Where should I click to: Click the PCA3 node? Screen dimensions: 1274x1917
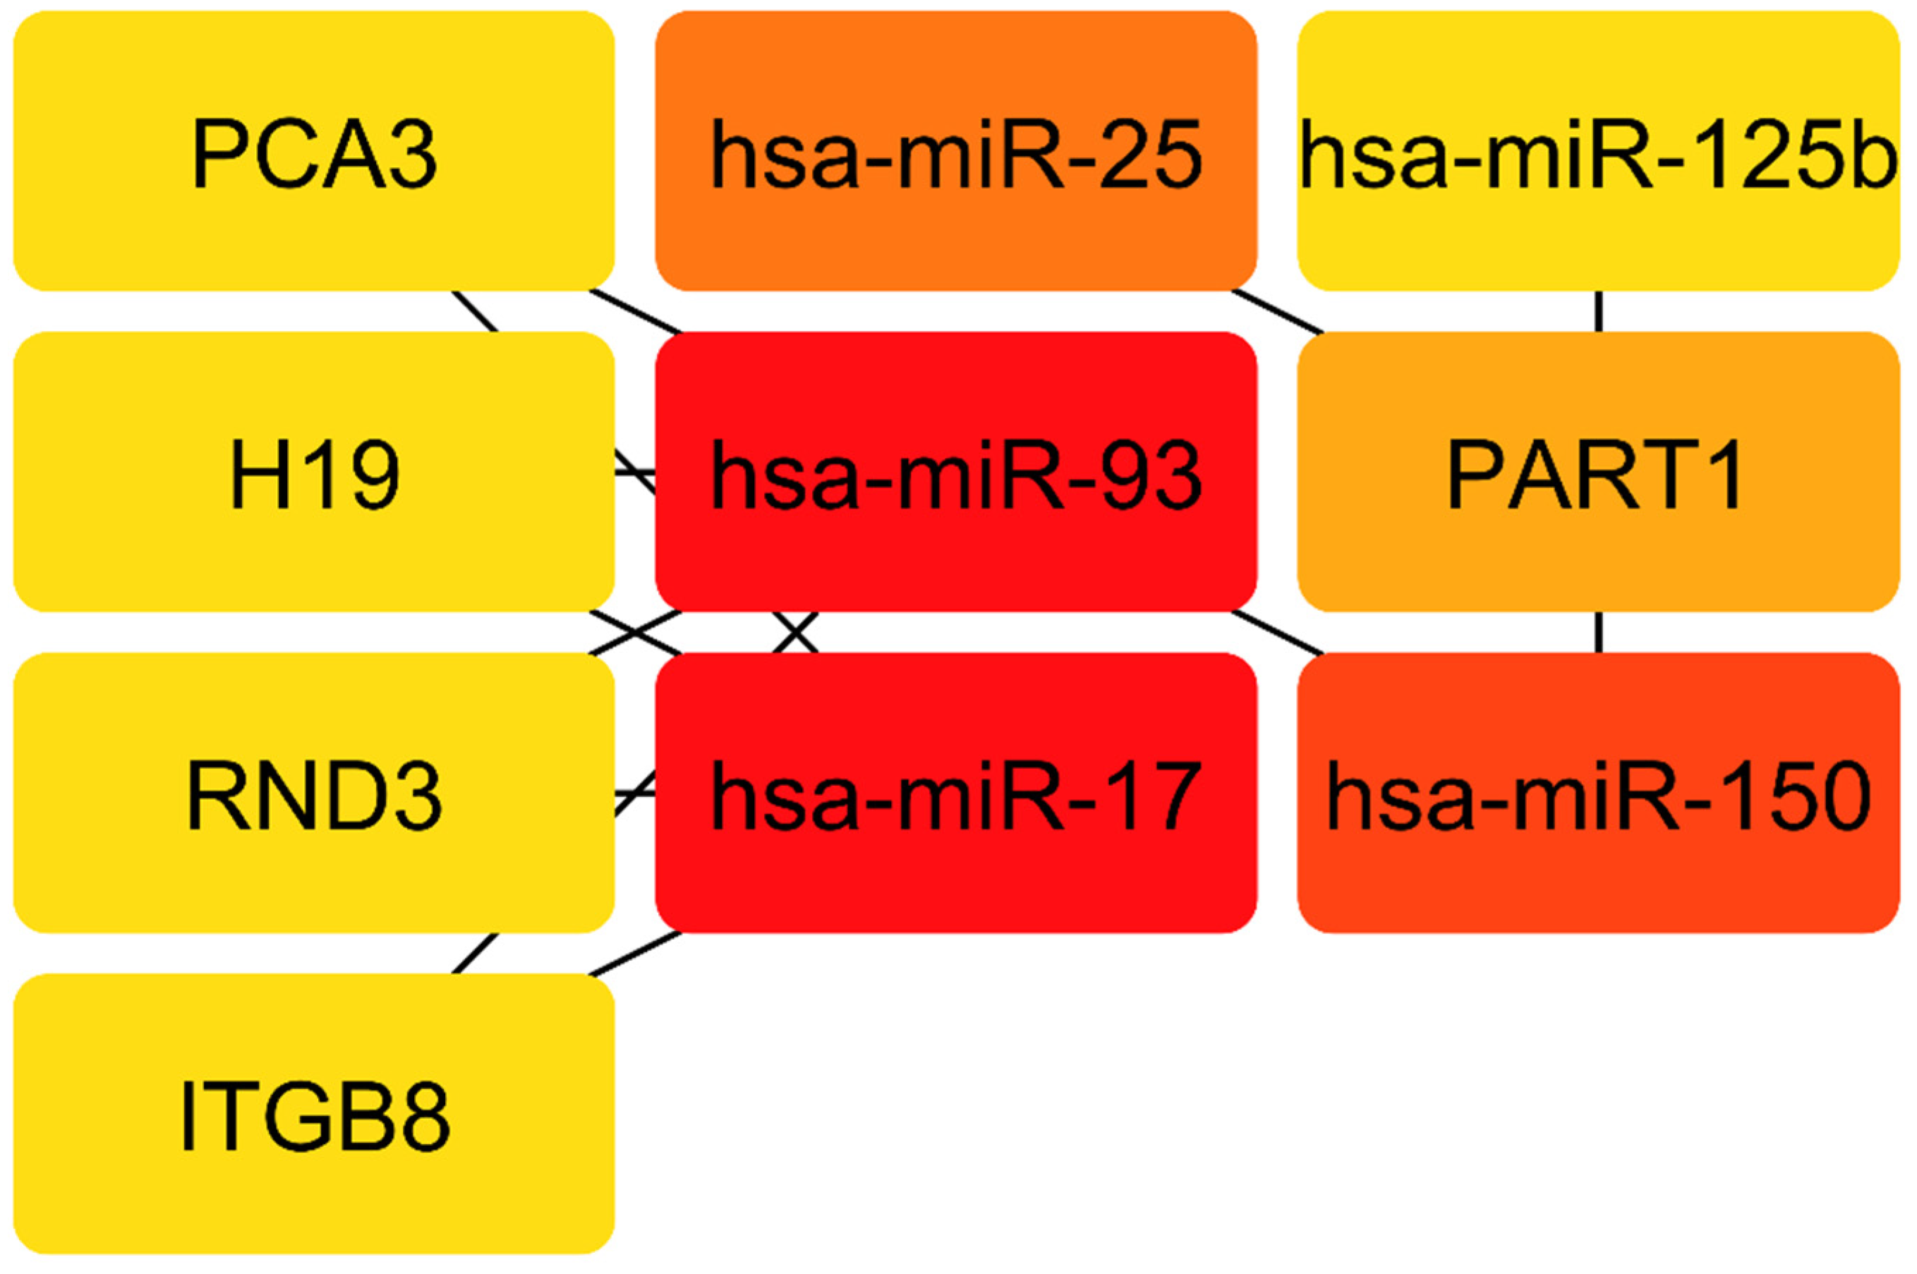(314, 151)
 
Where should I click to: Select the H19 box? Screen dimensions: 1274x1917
(314, 471)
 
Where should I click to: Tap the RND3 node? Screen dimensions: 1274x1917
(314, 792)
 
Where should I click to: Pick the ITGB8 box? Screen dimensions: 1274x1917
(314, 1113)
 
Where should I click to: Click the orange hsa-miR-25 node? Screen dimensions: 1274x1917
(955, 151)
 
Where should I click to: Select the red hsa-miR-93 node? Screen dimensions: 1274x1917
(955, 471)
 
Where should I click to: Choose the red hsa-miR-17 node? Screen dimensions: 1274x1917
(955, 792)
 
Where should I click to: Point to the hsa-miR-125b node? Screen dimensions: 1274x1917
(1597, 151)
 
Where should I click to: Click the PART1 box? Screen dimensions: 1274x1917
(1597, 471)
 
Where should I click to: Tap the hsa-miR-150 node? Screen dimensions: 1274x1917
(1597, 792)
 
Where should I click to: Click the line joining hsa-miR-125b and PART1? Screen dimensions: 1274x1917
(1599, 311)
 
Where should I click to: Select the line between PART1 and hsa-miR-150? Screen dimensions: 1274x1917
(1599, 631)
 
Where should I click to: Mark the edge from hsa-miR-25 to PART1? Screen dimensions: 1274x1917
(1278, 311)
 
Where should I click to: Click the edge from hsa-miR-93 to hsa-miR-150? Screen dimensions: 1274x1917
(1278, 631)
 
